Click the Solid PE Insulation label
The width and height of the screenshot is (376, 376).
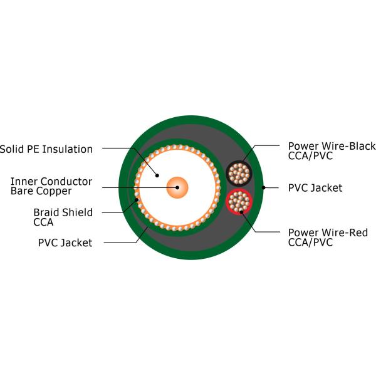(x=46, y=149)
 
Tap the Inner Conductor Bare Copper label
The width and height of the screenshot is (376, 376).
(x=51, y=186)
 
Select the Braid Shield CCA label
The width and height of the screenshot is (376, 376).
(x=63, y=217)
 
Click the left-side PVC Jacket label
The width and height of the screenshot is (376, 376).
(x=65, y=243)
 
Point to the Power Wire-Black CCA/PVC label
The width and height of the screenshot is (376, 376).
(x=332, y=151)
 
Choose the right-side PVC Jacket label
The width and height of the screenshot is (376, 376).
(x=315, y=187)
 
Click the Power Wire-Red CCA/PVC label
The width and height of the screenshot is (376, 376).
(x=328, y=238)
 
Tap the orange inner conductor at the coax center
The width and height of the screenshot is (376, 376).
(x=177, y=187)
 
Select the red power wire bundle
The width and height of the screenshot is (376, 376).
(x=239, y=201)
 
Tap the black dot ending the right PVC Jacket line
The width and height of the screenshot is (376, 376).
(x=264, y=187)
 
